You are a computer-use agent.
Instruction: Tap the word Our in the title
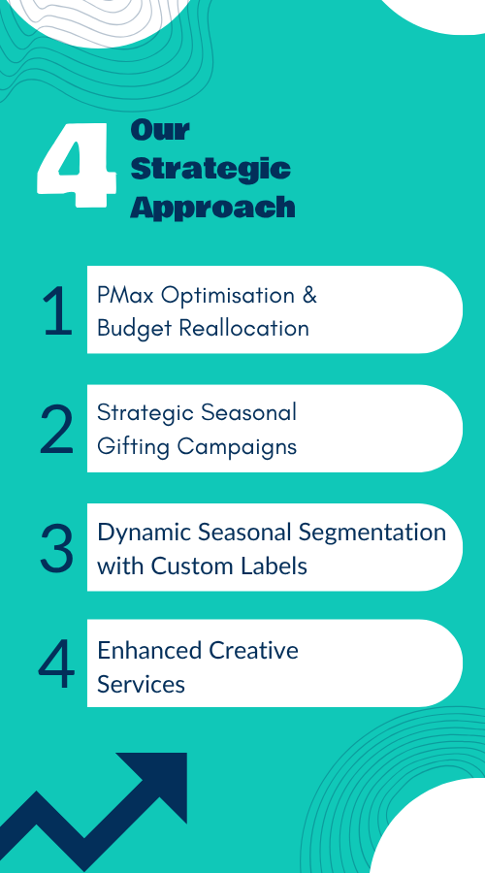(160, 130)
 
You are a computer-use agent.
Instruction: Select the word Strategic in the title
(210, 169)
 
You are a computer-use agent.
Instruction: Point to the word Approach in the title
(212, 208)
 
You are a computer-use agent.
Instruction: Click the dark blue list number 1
(58, 311)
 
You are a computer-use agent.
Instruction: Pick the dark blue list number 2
(57, 430)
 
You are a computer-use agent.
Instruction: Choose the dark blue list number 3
(57, 548)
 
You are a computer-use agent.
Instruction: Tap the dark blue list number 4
(57, 664)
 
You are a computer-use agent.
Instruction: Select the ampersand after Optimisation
(309, 295)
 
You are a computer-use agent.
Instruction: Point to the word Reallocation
(243, 329)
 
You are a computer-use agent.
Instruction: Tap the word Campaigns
(238, 447)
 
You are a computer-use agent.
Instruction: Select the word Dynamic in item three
(145, 533)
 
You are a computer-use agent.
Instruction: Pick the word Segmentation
(372, 533)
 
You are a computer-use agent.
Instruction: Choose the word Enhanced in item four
(149, 650)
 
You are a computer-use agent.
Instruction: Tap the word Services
(141, 685)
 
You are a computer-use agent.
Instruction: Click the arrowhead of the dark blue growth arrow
(160, 780)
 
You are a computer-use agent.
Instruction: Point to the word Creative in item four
(254, 650)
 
